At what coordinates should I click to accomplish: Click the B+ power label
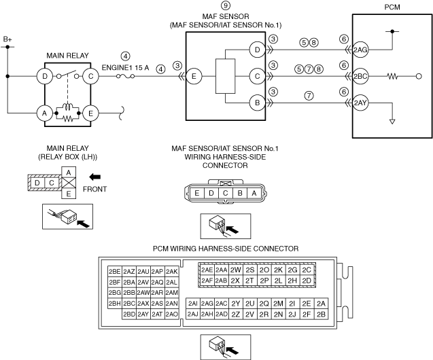(x=7, y=40)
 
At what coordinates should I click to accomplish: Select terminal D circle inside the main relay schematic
(x=45, y=76)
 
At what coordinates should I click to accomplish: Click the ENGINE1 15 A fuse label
(x=125, y=68)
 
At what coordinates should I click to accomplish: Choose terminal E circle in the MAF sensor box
(x=193, y=77)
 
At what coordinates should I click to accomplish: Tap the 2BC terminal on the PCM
(x=360, y=77)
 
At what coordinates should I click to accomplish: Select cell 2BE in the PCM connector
(x=114, y=270)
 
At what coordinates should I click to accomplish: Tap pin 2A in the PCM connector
(x=322, y=303)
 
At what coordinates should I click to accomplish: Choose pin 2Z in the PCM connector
(x=236, y=314)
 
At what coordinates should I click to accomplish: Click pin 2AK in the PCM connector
(x=171, y=270)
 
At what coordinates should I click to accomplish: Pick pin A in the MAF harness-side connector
(x=254, y=193)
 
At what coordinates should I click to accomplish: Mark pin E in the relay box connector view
(x=69, y=194)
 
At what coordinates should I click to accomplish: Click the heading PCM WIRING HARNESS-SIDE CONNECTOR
(x=215, y=248)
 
